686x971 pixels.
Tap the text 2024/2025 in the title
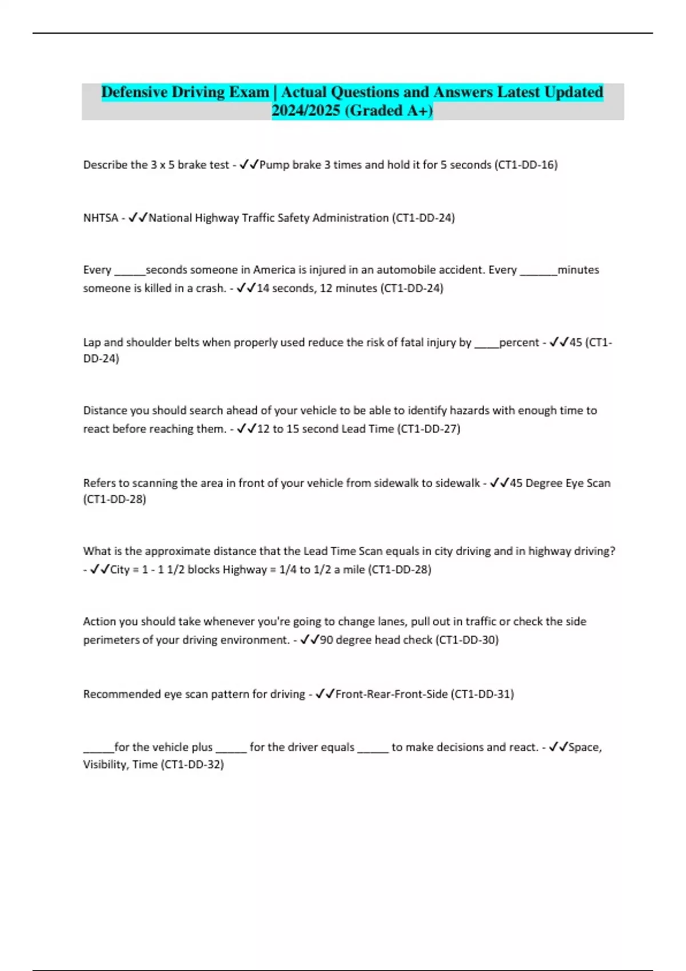click(x=306, y=110)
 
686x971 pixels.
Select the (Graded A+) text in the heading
click(x=389, y=110)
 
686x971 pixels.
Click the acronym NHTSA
click(x=101, y=218)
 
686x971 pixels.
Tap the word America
click(x=277, y=270)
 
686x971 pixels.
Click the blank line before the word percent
click(x=486, y=343)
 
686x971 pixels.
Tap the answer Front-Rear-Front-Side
click(x=391, y=694)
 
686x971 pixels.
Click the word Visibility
click(x=105, y=764)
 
